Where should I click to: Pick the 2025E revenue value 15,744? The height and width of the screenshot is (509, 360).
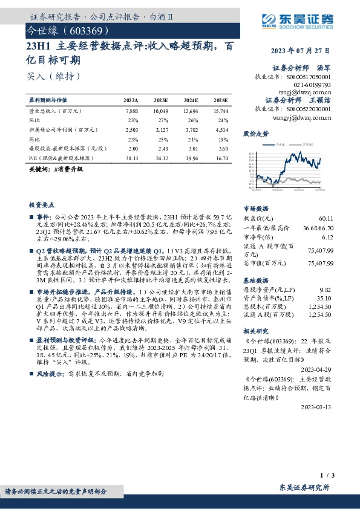[220, 111]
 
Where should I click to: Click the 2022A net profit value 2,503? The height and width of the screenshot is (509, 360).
[131, 129]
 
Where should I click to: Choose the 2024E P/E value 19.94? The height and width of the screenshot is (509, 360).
[191, 157]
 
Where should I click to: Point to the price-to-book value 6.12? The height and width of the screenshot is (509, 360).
[328, 237]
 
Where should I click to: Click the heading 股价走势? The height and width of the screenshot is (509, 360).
[255, 133]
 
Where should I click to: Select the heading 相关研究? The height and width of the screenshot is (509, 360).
[255, 331]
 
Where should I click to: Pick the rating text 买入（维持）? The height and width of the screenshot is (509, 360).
[54, 77]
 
